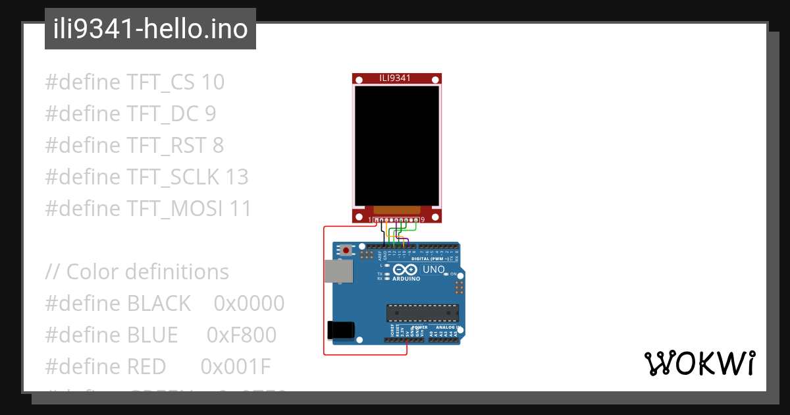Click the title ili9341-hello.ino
coord(150,30)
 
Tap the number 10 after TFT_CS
coord(213,82)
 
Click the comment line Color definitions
coord(147,272)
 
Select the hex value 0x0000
coord(249,304)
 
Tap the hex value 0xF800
coord(242,335)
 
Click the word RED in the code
coord(146,367)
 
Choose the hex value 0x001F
coord(235,367)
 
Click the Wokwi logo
coord(699,364)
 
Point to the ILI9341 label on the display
coord(395,78)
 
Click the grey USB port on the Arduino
coord(338,271)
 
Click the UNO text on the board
coord(433,269)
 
